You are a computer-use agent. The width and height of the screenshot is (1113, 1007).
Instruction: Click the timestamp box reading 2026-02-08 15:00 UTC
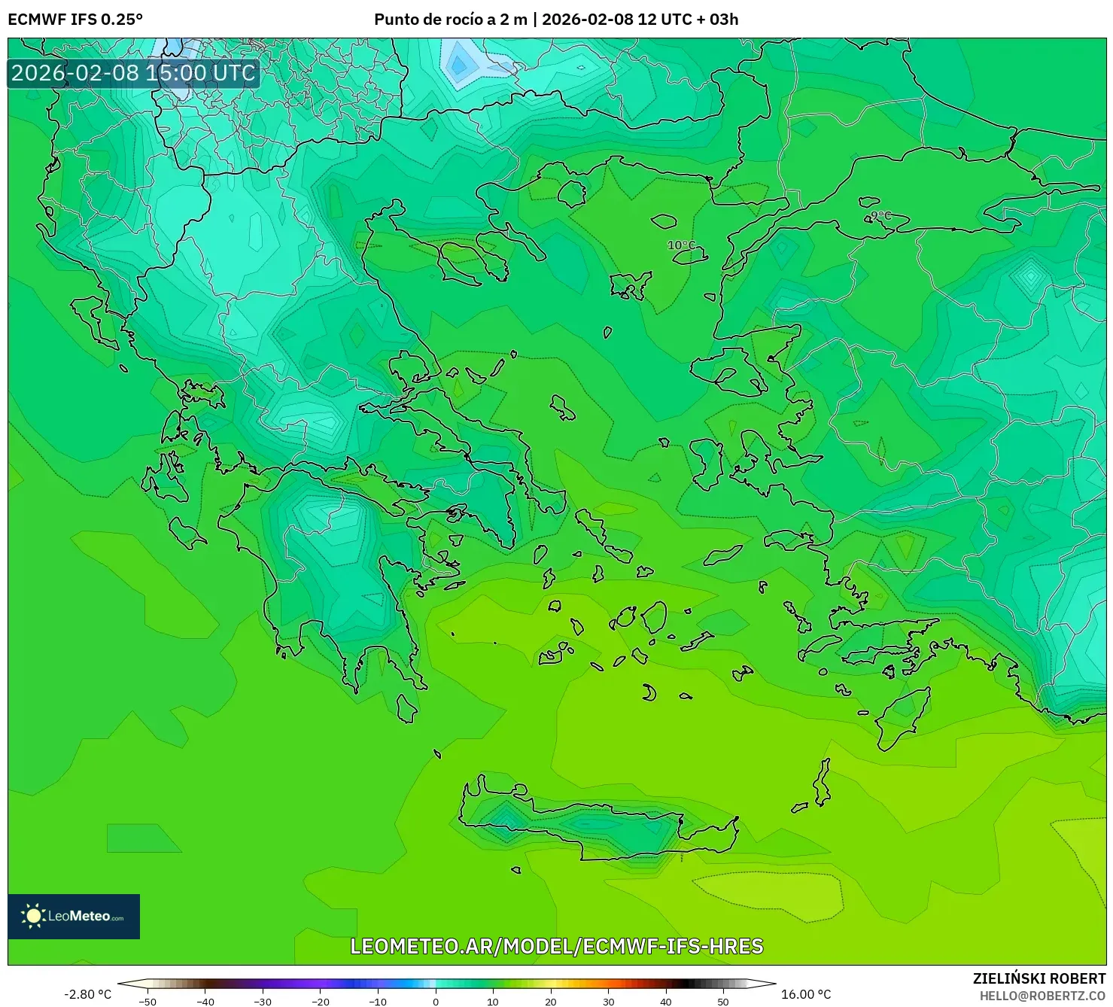coord(133,73)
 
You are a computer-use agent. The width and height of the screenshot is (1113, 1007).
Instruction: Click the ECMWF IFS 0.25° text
coord(75,20)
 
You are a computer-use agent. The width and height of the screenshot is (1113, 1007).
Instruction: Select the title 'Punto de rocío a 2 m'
coord(450,20)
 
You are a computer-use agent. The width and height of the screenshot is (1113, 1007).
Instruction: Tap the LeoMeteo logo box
coord(74,916)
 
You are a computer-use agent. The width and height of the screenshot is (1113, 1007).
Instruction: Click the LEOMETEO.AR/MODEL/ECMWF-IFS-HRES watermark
coord(556,946)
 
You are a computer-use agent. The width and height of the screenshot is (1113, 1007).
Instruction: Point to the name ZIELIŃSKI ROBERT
coord(1038,978)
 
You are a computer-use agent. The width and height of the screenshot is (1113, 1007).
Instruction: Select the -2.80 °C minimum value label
coord(87,994)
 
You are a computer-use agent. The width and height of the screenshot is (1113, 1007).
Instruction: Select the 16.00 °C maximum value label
coord(806,994)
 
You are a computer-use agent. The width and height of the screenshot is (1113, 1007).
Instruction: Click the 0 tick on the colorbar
coord(435,1001)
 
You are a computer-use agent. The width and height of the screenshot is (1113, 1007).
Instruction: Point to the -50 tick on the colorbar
coord(147,1001)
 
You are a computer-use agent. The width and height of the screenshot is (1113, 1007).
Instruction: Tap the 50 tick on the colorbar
coord(722,1001)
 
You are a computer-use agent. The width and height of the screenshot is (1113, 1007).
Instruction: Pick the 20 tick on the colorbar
coord(550,1001)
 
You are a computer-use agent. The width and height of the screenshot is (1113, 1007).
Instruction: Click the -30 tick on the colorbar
coord(263,1001)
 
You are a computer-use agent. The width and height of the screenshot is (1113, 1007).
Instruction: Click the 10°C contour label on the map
coord(681,245)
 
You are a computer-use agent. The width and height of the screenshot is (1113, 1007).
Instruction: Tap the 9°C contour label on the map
coord(878,216)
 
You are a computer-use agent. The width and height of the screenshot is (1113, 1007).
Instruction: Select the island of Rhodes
coord(900,719)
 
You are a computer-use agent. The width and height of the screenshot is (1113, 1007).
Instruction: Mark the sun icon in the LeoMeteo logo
coord(33,916)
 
